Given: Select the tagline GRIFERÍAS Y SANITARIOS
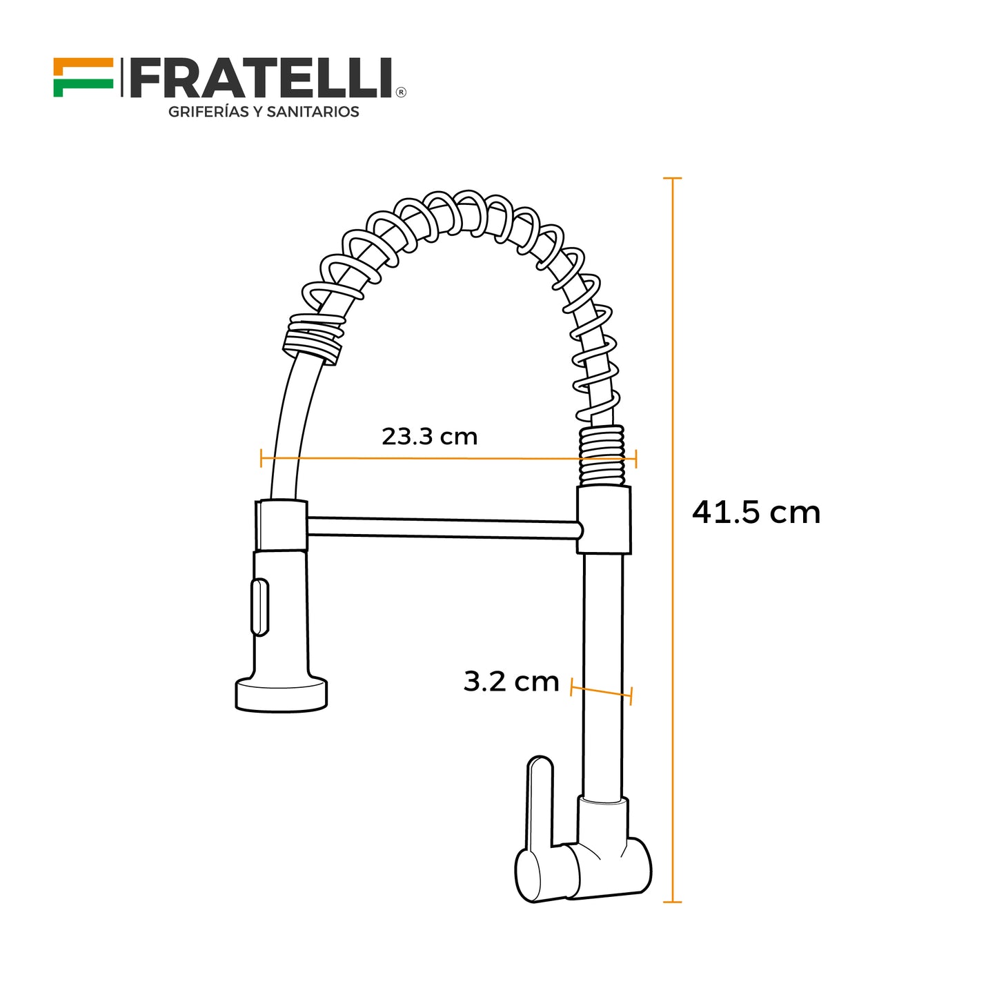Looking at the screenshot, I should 264,112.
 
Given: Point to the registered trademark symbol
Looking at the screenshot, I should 401,92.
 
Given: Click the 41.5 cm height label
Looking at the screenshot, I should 756,513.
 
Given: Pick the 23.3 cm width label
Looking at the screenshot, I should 429,437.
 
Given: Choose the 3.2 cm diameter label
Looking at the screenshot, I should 511,682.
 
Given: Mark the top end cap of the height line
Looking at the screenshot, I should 672,178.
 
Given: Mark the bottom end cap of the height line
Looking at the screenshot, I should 672,902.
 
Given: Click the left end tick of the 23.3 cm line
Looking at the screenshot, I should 261,457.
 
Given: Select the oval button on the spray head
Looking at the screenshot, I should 259,607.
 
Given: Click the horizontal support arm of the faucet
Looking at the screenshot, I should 442,528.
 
